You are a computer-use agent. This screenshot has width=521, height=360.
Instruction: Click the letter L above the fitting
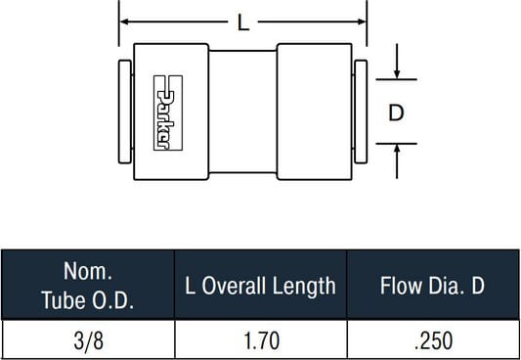pyautogui.click(x=243, y=23)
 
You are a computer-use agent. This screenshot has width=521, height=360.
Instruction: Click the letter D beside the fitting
pyautogui.click(x=396, y=112)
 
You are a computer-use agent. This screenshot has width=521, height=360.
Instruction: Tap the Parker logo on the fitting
pyautogui.click(x=168, y=113)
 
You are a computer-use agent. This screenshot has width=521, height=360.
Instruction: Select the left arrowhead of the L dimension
pyautogui.click(x=124, y=22)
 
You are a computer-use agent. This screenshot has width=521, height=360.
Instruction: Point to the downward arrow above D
pyautogui.click(x=397, y=62)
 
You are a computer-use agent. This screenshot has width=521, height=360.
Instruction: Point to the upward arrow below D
pyautogui.click(x=397, y=161)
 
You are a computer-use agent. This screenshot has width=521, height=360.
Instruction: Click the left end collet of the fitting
pyautogui.click(x=125, y=112)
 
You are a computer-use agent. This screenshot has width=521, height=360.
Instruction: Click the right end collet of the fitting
pyautogui.click(x=361, y=112)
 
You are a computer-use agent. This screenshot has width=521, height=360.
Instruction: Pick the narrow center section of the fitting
pyautogui.click(x=242, y=112)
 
